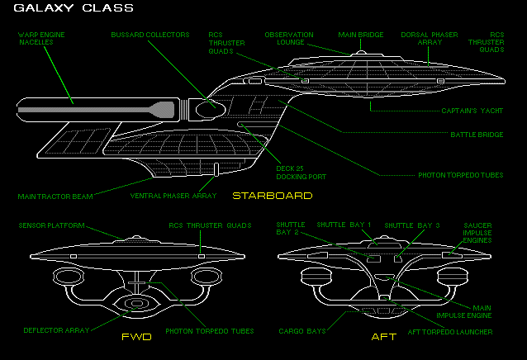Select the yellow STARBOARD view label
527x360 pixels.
[x=272, y=196]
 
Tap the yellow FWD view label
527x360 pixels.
[x=136, y=337]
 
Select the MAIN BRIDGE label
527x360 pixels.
[x=360, y=36]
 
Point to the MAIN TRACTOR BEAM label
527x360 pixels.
[x=55, y=197]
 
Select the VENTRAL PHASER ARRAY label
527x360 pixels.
[x=173, y=196]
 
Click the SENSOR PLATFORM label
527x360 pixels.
[x=52, y=225]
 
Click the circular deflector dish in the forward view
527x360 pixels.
[x=135, y=303]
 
